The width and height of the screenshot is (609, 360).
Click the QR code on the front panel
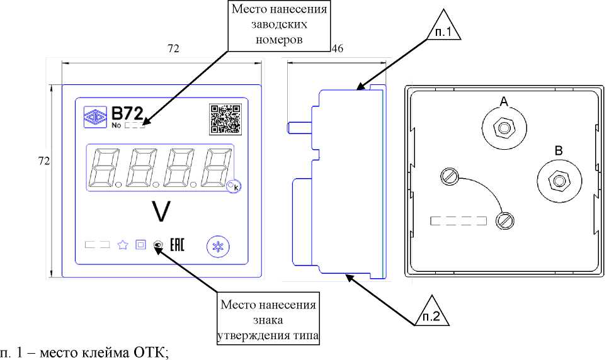point(225,118)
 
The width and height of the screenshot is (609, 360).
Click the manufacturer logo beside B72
point(96,116)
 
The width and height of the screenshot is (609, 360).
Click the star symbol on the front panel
point(123,245)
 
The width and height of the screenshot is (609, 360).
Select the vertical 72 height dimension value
point(44,161)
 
